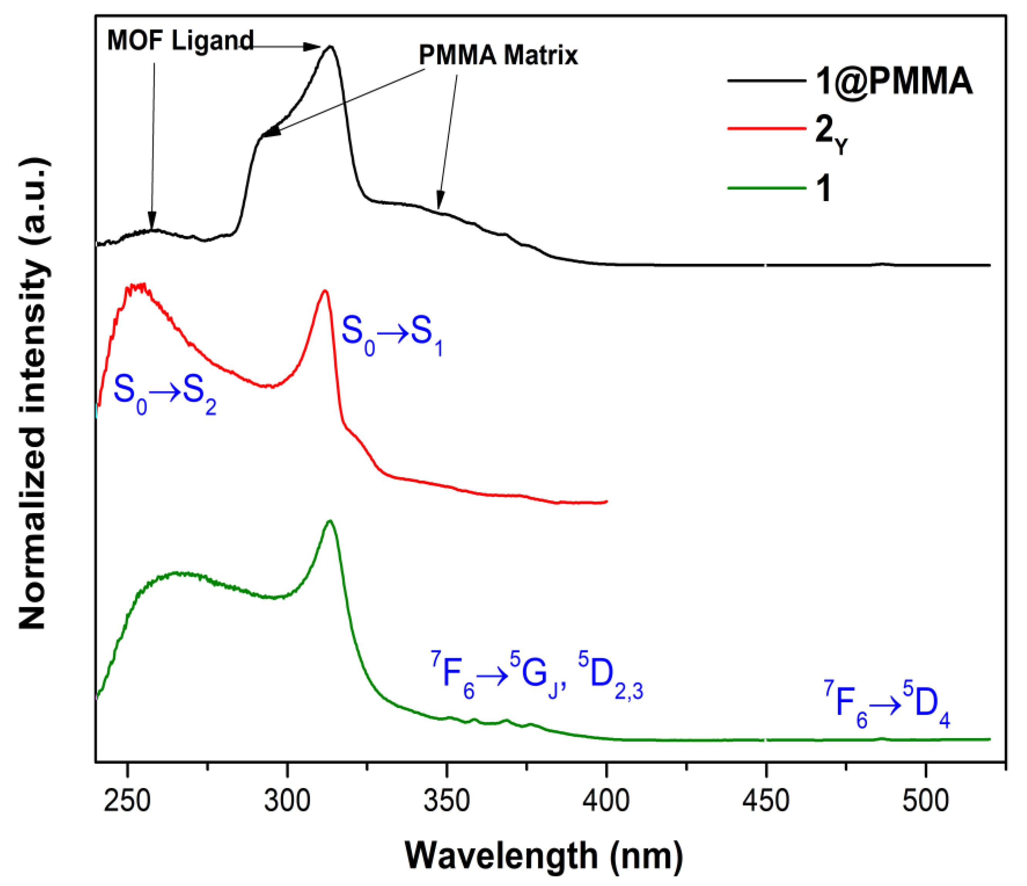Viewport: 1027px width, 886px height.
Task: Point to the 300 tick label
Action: coord(287,801)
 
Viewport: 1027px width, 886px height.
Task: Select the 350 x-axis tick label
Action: coord(447,801)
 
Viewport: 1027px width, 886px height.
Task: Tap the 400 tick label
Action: coord(606,801)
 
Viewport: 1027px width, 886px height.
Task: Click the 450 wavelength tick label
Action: coord(766,801)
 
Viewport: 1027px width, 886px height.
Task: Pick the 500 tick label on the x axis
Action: coord(926,801)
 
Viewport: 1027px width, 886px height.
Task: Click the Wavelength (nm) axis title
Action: coord(544,856)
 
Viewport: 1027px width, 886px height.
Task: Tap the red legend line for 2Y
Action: coord(766,129)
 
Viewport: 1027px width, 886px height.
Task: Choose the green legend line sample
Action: coord(766,188)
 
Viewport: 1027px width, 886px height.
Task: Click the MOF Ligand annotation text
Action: coord(180,40)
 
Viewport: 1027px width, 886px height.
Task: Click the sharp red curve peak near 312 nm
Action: coord(325,291)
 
